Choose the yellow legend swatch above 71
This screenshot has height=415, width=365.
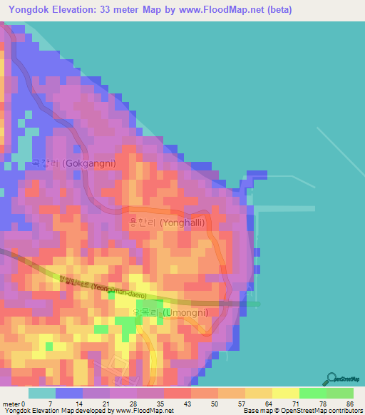285,393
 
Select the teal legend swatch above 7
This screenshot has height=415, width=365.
42,393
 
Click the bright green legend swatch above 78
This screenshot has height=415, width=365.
312,393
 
